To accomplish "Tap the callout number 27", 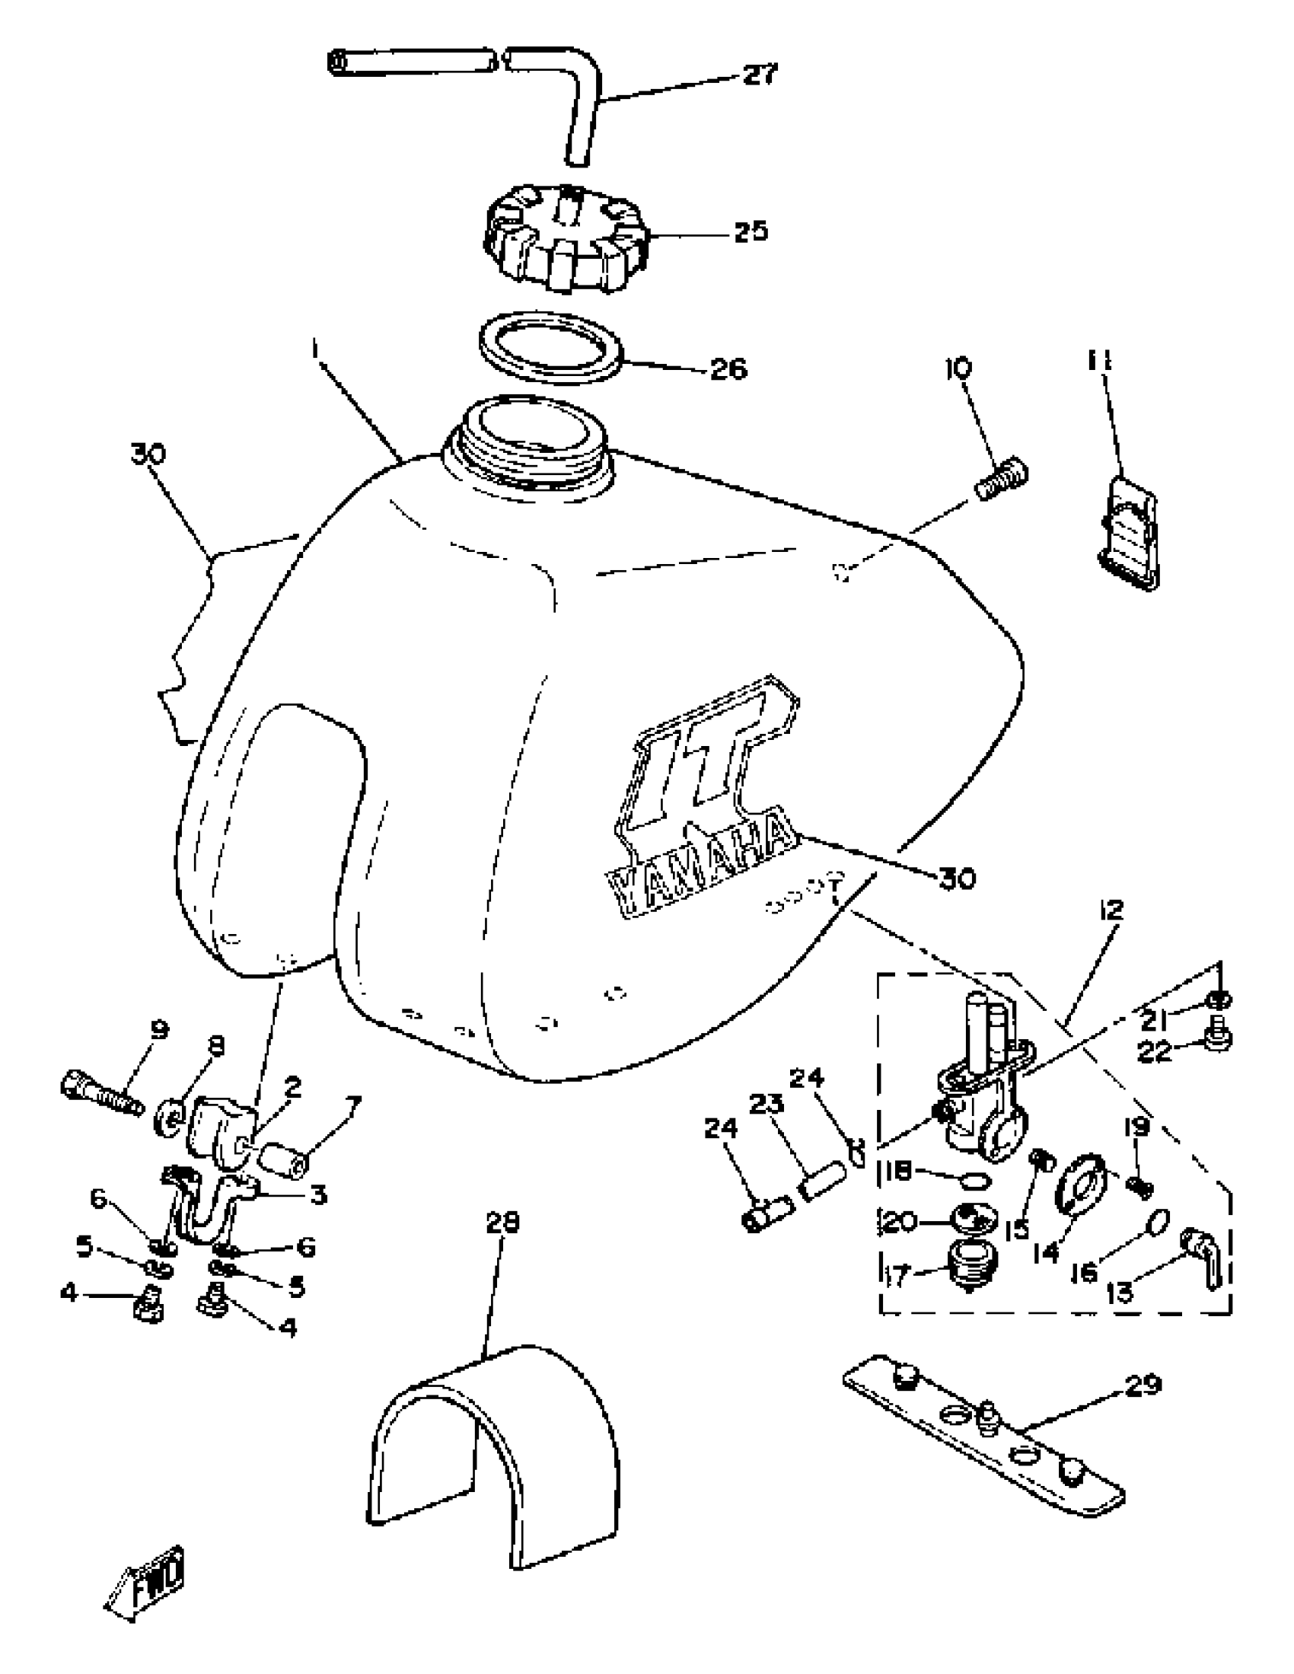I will click(759, 75).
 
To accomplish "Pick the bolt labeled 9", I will click(101, 1093).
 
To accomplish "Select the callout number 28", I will click(502, 1223).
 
